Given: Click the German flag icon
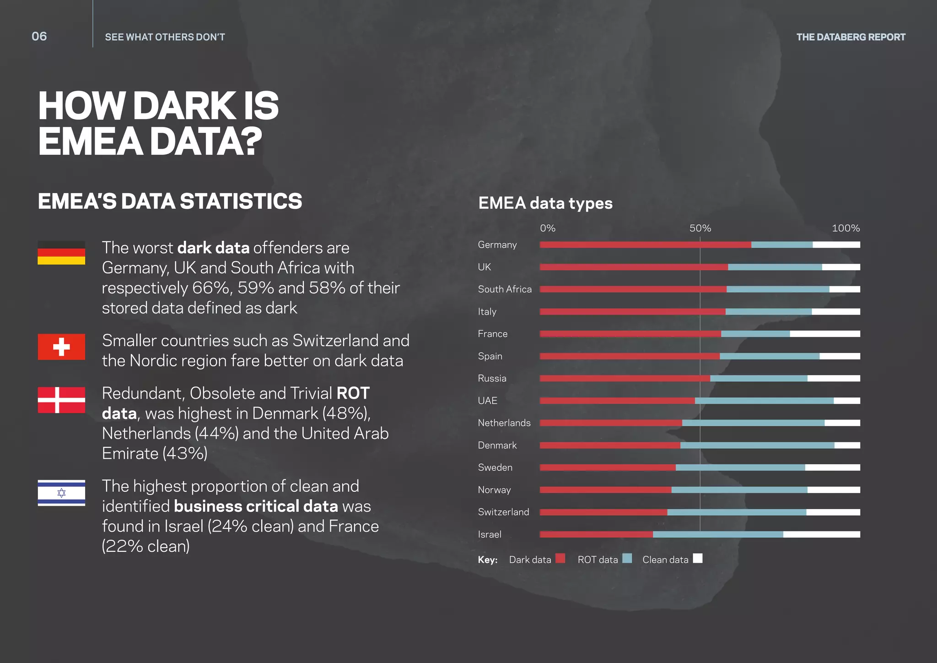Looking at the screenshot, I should pos(61,253).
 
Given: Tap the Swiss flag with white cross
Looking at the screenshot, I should pos(61,347).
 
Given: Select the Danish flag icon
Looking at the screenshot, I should pos(61,400).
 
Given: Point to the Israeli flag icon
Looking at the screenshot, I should pos(61,493).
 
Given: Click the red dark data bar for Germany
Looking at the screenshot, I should pos(645,245).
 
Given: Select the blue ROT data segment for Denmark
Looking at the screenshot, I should pos(757,446).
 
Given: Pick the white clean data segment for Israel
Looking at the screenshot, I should pos(821,534).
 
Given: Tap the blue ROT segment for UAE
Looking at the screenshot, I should pos(764,401).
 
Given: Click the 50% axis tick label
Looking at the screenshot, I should pos(700,228).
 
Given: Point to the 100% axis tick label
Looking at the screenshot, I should pos(845,228).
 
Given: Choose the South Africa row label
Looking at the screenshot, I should pos(505,289).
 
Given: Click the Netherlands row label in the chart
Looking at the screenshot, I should pos(504,423).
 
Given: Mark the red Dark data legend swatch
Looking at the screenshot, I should pos(560,558).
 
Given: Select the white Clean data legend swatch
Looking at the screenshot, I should pos(697,558).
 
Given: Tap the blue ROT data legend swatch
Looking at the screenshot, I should pos(627,558).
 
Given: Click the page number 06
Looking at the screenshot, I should pos(39,37).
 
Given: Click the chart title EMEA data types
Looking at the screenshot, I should pos(545,203).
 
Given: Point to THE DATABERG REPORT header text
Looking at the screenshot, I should pos(851,37).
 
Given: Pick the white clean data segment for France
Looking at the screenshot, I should pos(824,334).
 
